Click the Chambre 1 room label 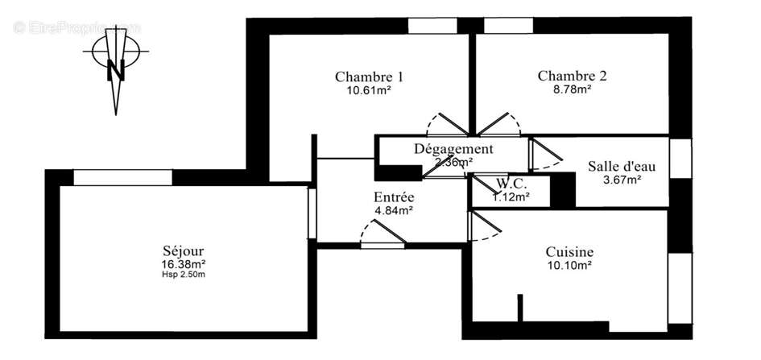pyautogui.click(x=369, y=77)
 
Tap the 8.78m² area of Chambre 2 pyautogui.click(x=572, y=90)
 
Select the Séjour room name pyautogui.click(x=183, y=250)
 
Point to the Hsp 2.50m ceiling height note pyautogui.click(x=183, y=275)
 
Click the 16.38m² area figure pyautogui.click(x=183, y=263)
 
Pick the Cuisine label pyautogui.click(x=569, y=251)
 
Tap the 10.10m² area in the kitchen pyautogui.click(x=569, y=264)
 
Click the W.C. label pyautogui.click(x=511, y=183)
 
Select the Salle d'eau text pyautogui.click(x=622, y=167)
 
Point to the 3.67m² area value pyautogui.click(x=622, y=180)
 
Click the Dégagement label pyautogui.click(x=453, y=148)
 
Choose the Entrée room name pyautogui.click(x=394, y=197)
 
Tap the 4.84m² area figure pyautogui.click(x=394, y=210)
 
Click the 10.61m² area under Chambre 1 pyautogui.click(x=369, y=90)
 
